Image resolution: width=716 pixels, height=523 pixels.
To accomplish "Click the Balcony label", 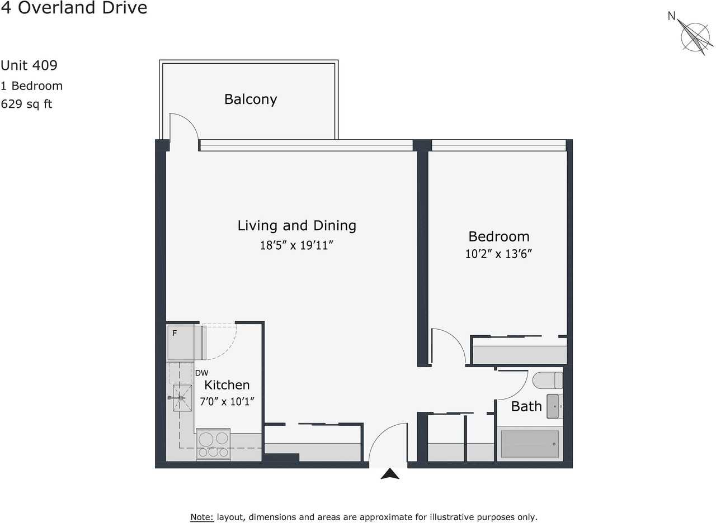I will tap(251, 99).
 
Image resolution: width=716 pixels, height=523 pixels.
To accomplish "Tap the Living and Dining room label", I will tap(296, 226).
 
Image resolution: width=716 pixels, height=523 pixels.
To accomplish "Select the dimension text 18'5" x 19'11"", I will tap(300, 245).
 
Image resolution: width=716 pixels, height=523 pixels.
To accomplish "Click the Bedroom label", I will tap(498, 236).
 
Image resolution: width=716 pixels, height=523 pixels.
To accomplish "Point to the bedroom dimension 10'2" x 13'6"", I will tap(498, 254).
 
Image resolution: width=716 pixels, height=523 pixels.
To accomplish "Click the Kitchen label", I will tap(227, 385).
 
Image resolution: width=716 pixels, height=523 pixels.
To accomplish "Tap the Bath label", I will tap(526, 406).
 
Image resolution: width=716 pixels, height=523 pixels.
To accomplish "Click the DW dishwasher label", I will tap(201, 373).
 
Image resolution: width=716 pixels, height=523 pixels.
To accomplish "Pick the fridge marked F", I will tap(181, 341).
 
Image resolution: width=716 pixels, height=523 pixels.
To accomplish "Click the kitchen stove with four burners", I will tap(213, 445).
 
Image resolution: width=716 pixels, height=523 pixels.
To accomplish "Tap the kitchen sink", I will tap(181, 397).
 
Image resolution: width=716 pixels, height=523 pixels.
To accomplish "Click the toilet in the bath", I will tap(548, 381).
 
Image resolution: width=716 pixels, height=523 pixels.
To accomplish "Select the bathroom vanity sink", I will tap(554, 406).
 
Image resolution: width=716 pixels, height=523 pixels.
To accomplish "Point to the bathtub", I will tap(530, 444).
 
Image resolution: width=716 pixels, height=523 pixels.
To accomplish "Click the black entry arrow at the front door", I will tap(390, 474).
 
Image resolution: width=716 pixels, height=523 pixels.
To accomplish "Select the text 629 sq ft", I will tap(26, 104).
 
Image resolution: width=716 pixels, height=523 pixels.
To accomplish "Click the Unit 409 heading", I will tap(29, 65).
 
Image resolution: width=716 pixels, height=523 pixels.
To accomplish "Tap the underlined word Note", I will tap(202, 517).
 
